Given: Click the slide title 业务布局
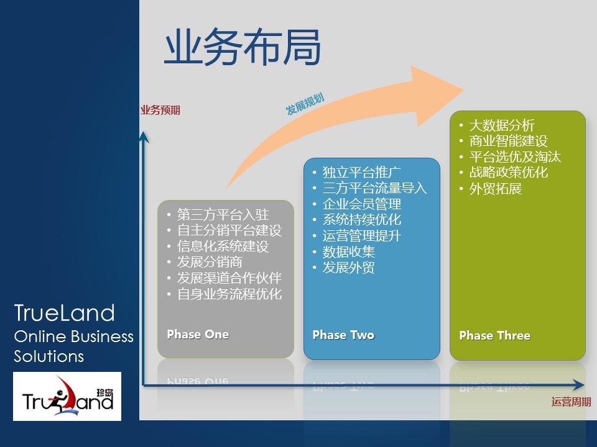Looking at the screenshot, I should pyautogui.click(x=243, y=48).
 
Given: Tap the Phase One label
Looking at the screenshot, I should pyautogui.click(x=198, y=335).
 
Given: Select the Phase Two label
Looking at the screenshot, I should pyautogui.click(x=343, y=335).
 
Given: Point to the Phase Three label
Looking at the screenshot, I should pyautogui.click(x=494, y=336).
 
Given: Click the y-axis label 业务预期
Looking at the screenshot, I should pyautogui.click(x=160, y=111).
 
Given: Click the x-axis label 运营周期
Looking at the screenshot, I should pyautogui.click(x=571, y=402).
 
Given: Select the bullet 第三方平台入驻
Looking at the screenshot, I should pyautogui.click(x=223, y=215).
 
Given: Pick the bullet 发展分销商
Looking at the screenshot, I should pyautogui.click(x=210, y=262).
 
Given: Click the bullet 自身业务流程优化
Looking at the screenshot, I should pyautogui.click(x=229, y=294).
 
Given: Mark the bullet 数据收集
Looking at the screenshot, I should pyautogui.click(x=349, y=252).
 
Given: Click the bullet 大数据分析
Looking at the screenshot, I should pyautogui.click(x=502, y=125).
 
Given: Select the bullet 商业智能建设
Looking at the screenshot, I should pyautogui.click(x=508, y=141).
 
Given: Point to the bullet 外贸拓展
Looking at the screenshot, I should pyautogui.click(x=495, y=189).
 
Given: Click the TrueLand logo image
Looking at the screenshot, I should pyautogui.click(x=67, y=397).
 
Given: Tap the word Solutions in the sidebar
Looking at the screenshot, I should pyautogui.click(x=49, y=357).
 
